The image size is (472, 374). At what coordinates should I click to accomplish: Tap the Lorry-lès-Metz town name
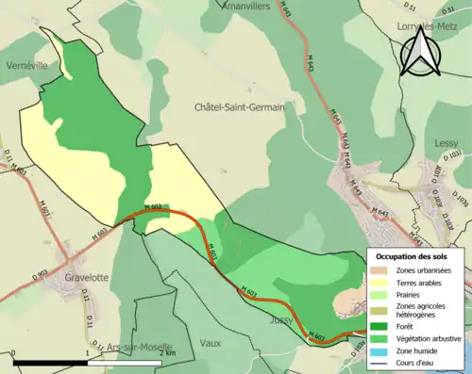421,26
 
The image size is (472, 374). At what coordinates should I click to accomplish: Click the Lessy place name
445,143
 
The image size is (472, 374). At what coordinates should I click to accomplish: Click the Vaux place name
211,343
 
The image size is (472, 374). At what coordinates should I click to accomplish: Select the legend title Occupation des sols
411,256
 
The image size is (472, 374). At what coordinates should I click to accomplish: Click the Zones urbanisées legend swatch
379,270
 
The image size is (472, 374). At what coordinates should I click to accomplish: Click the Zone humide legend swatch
379,351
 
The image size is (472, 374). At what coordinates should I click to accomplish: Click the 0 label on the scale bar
14,352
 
